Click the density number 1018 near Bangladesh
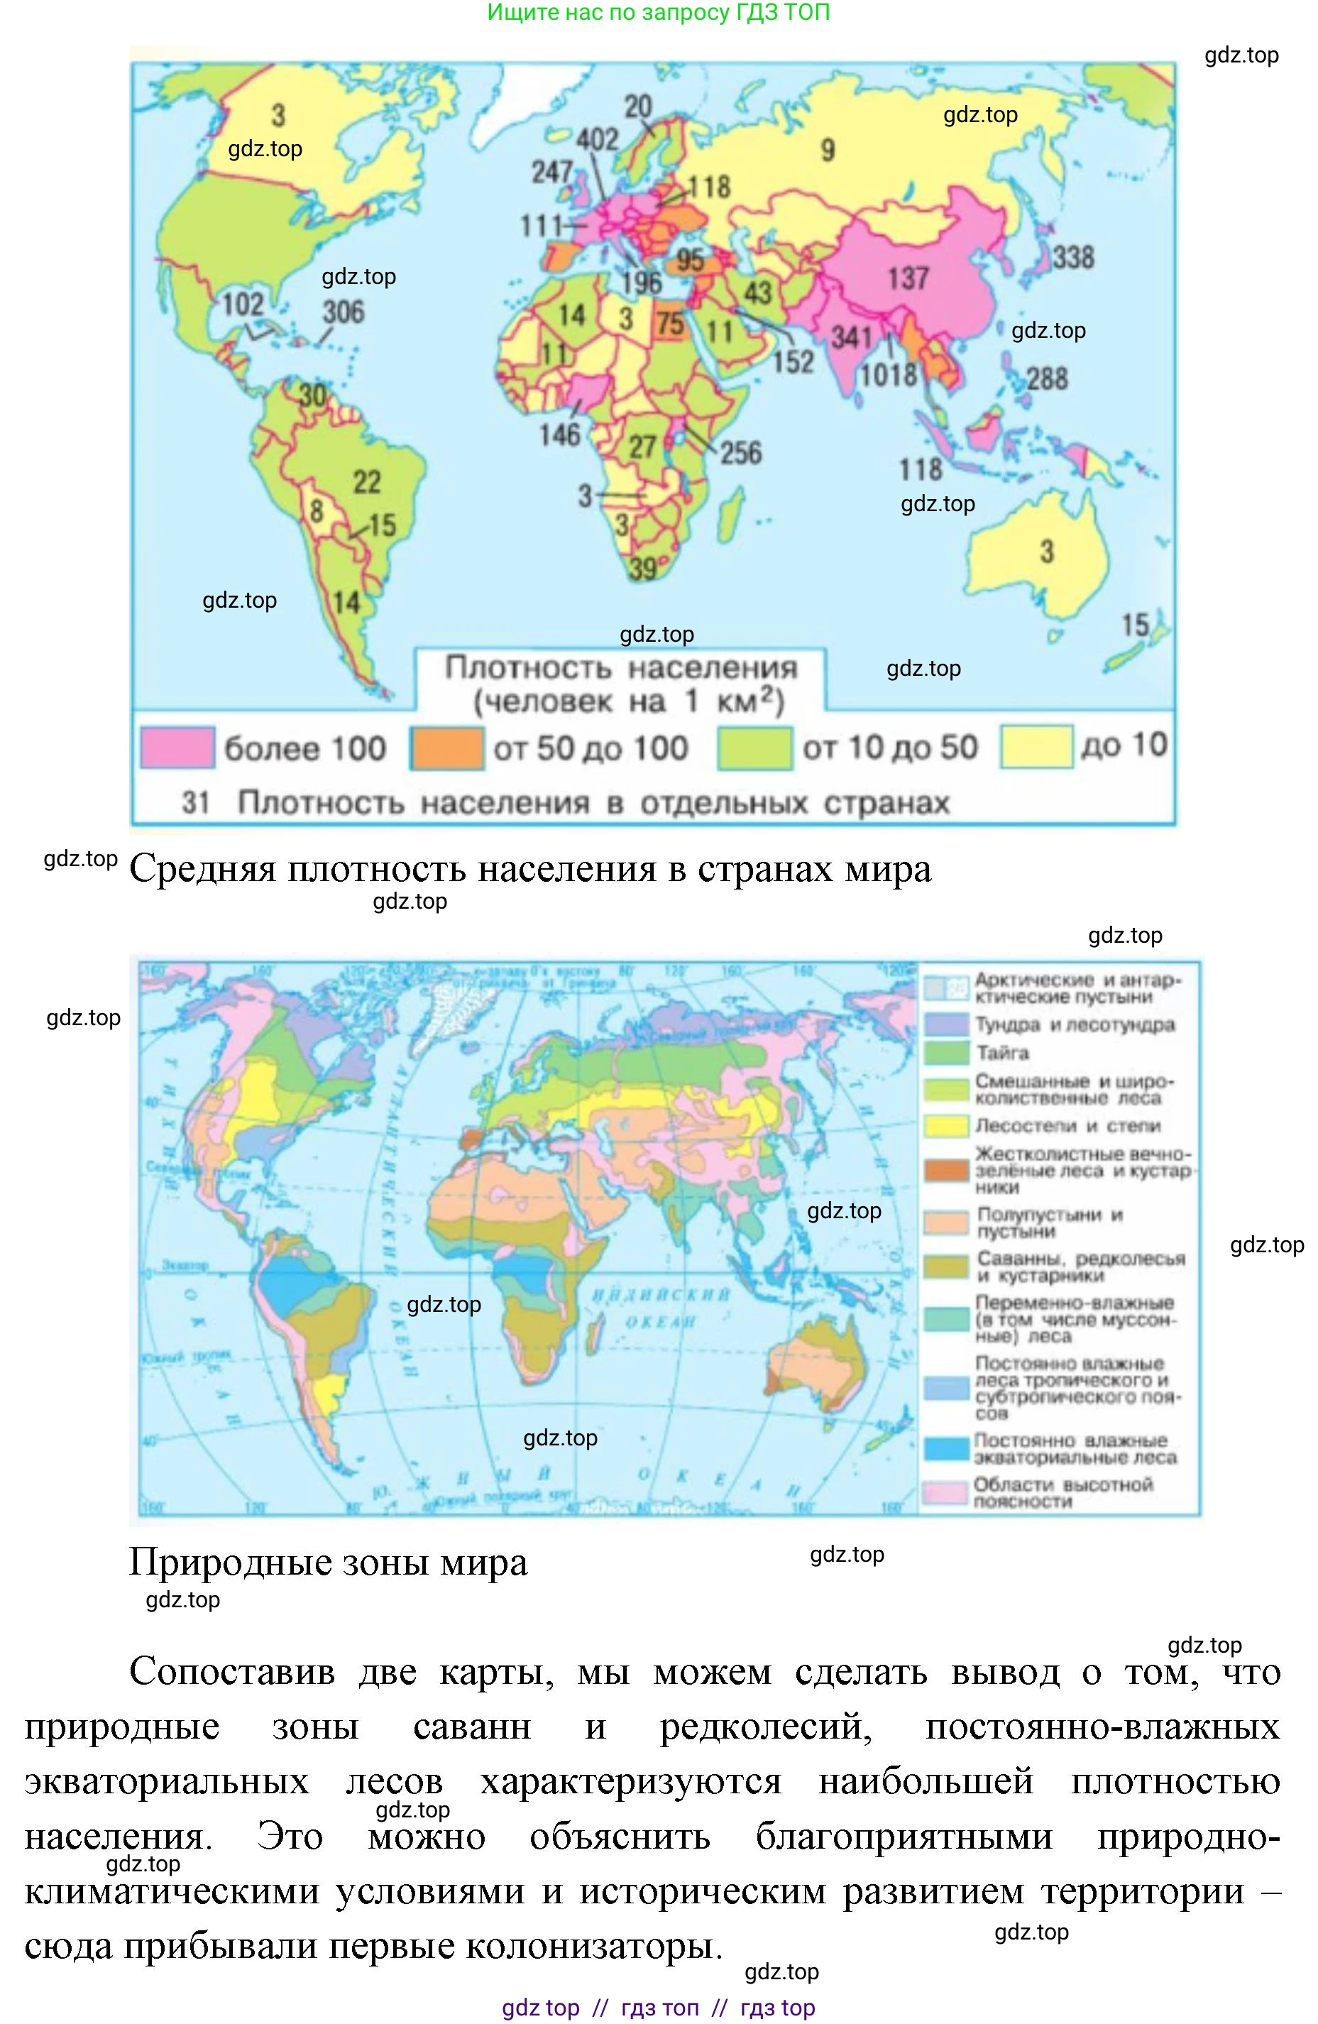click(889, 375)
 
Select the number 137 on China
click(907, 278)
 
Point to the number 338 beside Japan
click(1073, 258)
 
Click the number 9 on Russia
click(828, 151)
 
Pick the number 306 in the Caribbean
click(343, 312)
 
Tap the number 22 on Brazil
click(366, 482)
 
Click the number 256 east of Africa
click(741, 452)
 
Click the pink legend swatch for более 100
click(177, 748)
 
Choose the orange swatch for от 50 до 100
click(447, 748)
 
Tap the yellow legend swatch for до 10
click(1035, 748)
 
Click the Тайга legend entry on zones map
click(1004, 1053)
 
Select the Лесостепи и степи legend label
click(1067, 1126)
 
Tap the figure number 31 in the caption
click(196, 802)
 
